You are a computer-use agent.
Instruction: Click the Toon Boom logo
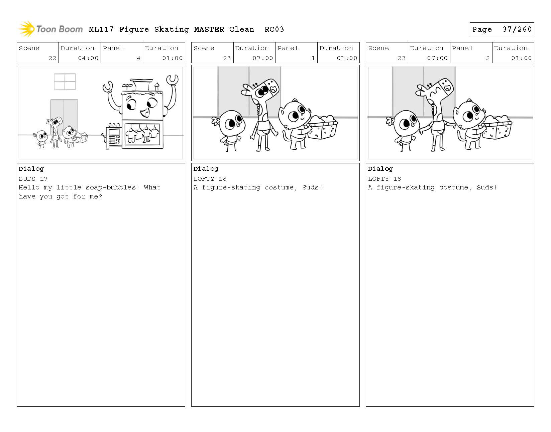pyautogui.click(x=50, y=29)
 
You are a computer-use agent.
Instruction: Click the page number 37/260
pyautogui.click(x=517, y=29)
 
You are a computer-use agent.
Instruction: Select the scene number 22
pyautogui.click(x=52, y=58)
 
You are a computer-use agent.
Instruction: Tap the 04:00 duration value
pyautogui.click(x=88, y=58)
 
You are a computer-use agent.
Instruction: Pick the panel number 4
pyautogui.click(x=138, y=58)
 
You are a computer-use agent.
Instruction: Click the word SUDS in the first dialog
pyautogui.click(x=27, y=179)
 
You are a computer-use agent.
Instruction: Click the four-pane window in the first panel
pyautogui.click(x=65, y=82)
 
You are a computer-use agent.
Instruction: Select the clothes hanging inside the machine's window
pyautogui.click(x=142, y=134)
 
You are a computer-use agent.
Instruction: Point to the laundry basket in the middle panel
pyautogui.click(x=322, y=128)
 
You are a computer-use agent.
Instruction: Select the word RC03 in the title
pyautogui.click(x=274, y=29)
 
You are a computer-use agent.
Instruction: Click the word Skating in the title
pyautogui.click(x=172, y=30)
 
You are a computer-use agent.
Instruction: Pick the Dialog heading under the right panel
pyautogui.click(x=380, y=169)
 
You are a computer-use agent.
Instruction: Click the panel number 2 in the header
pyautogui.click(x=487, y=58)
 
